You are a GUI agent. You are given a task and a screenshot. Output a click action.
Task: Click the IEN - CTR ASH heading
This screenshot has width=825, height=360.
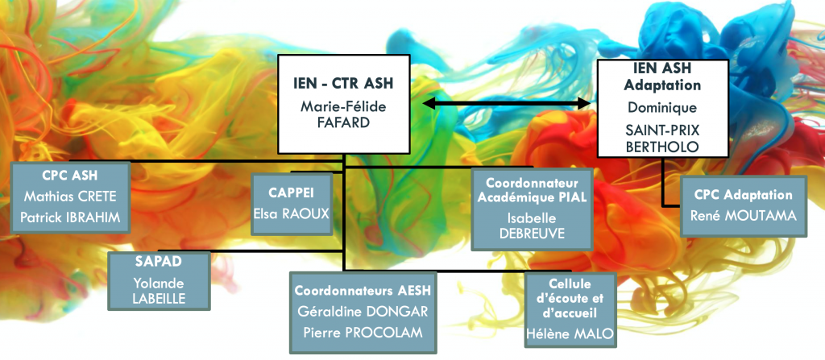(x=343, y=83)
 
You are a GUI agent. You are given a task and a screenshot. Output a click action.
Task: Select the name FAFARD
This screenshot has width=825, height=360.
(x=343, y=124)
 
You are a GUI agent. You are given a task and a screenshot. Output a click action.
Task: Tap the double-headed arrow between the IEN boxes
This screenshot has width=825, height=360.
(x=506, y=103)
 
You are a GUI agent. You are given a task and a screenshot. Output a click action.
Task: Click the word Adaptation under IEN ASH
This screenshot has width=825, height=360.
(x=662, y=85)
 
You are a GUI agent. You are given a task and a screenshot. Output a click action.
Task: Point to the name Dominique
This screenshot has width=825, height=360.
(x=662, y=107)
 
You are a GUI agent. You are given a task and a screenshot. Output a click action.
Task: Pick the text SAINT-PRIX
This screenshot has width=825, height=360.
(x=662, y=130)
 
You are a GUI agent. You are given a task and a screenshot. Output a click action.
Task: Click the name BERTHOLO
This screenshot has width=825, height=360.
(x=662, y=147)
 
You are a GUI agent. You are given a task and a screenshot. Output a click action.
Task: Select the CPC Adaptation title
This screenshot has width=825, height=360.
(x=743, y=195)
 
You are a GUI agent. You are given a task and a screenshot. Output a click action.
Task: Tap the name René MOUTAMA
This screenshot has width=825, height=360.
(x=743, y=215)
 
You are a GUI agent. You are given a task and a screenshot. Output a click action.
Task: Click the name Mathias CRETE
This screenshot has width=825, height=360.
(x=70, y=197)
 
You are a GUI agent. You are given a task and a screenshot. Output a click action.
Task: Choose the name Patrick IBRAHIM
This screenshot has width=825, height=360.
(x=70, y=217)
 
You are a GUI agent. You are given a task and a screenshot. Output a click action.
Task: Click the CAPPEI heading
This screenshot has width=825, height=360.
(x=292, y=192)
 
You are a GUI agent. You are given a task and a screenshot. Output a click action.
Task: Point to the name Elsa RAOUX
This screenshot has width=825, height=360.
(x=292, y=213)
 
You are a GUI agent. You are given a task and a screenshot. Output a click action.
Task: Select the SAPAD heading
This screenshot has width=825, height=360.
(x=159, y=262)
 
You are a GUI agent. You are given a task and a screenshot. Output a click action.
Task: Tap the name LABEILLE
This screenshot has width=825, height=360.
(x=159, y=299)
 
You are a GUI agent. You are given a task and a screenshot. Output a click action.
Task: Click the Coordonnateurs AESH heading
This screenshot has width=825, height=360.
(x=363, y=291)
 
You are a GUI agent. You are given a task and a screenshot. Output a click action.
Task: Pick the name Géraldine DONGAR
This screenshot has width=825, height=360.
(x=363, y=311)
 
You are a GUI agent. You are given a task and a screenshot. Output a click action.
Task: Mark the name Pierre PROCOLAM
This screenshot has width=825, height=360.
(x=363, y=332)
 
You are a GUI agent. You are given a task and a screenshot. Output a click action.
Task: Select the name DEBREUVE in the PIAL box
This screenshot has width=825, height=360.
(x=532, y=234)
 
